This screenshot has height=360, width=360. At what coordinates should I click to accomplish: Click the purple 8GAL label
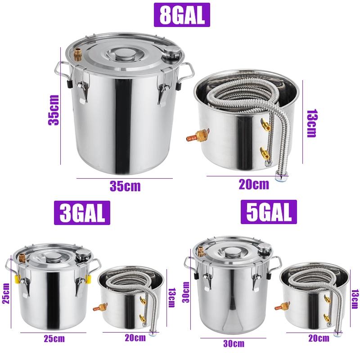point(180,15)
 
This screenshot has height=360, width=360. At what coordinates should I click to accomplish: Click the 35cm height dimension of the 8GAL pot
point(54,110)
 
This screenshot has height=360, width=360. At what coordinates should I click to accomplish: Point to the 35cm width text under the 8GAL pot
point(125,186)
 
